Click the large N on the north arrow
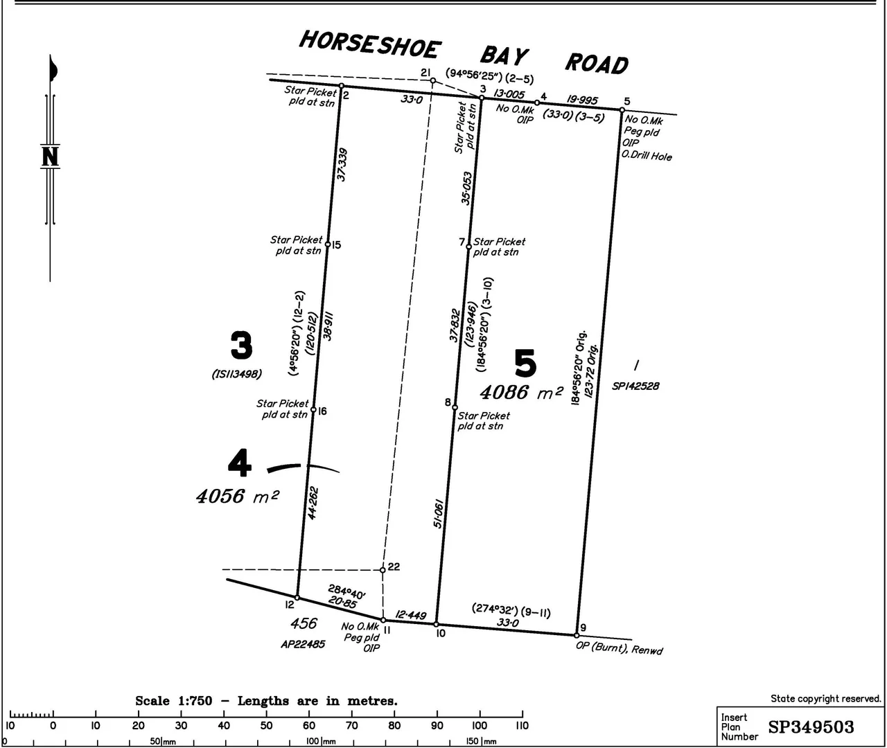(50, 157)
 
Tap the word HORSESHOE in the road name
(369, 45)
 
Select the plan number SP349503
(811, 727)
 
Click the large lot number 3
(241, 346)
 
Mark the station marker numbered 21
(433, 80)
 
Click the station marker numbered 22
(383, 570)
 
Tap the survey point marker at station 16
(313, 410)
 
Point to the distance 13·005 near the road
(509, 94)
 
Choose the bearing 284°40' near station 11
(347, 593)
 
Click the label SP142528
(635, 386)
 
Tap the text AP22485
(303, 643)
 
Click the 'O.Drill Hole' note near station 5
(647, 156)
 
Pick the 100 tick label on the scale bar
(479, 726)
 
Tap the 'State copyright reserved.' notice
(826, 699)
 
